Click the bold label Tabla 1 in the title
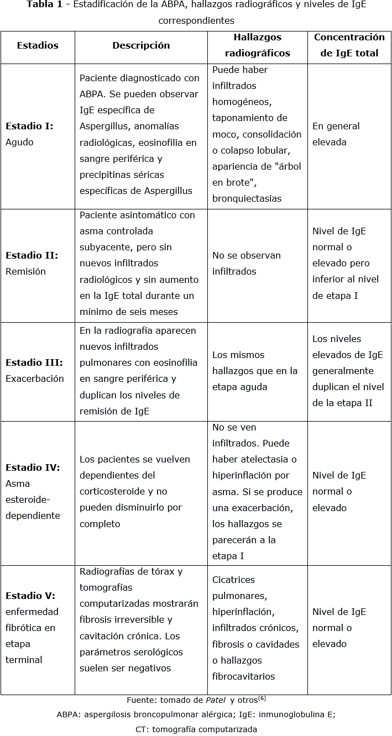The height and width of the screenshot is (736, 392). (x=44, y=5)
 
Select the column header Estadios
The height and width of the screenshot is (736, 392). (x=38, y=46)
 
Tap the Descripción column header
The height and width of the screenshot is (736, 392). (x=141, y=46)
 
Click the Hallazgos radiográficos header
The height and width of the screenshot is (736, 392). (x=257, y=45)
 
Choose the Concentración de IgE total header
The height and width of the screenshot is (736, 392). (x=349, y=45)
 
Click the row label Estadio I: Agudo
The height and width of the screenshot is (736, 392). (x=29, y=134)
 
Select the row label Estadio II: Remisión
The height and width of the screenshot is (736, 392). (x=32, y=264)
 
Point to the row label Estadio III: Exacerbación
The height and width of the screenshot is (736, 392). (x=34, y=371)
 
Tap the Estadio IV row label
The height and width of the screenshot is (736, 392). (x=33, y=491)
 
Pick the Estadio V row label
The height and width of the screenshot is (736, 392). (x=32, y=628)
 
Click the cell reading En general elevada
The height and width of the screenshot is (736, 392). (x=336, y=134)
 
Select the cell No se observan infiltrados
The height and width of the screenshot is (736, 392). (x=246, y=264)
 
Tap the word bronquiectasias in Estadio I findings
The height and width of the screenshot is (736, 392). (x=247, y=198)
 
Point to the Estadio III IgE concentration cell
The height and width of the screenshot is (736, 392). (x=348, y=371)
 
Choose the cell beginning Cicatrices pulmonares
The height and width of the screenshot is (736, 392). (x=255, y=628)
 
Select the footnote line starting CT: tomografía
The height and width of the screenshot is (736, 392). (x=196, y=729)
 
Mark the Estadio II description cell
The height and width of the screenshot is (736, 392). (x=139, y=264)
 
